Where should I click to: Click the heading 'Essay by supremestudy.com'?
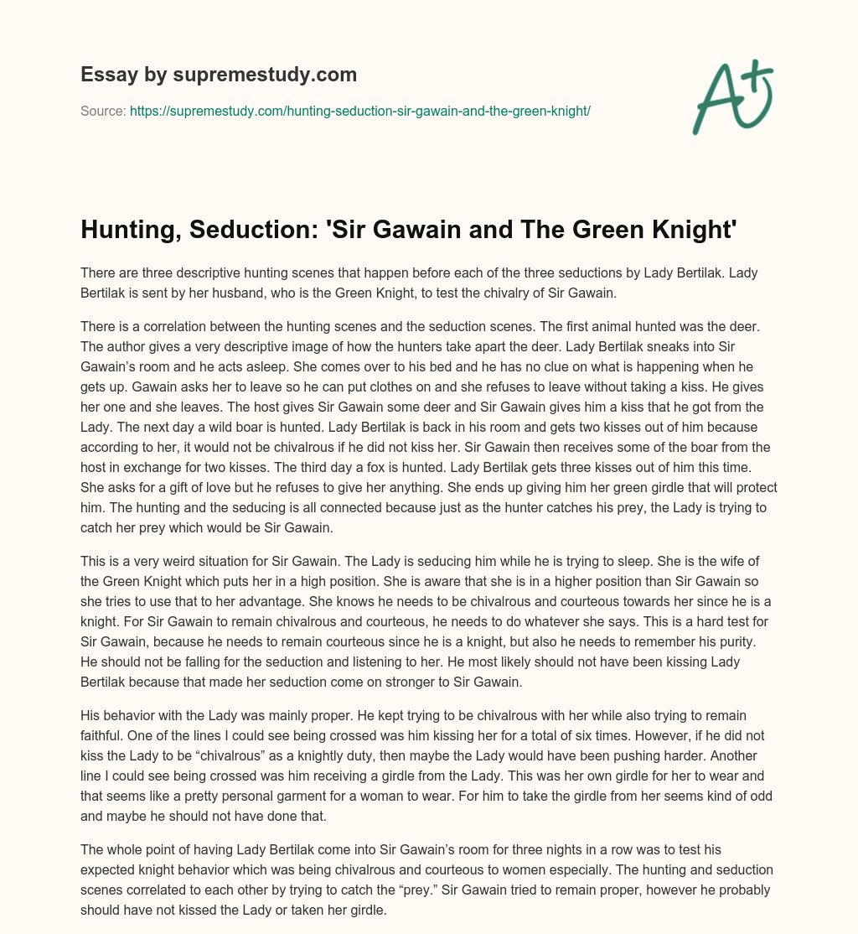click(x=219, y=75)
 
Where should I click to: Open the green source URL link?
click(x=360, y=111)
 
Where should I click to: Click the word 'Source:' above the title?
click(x=103, y=111)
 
